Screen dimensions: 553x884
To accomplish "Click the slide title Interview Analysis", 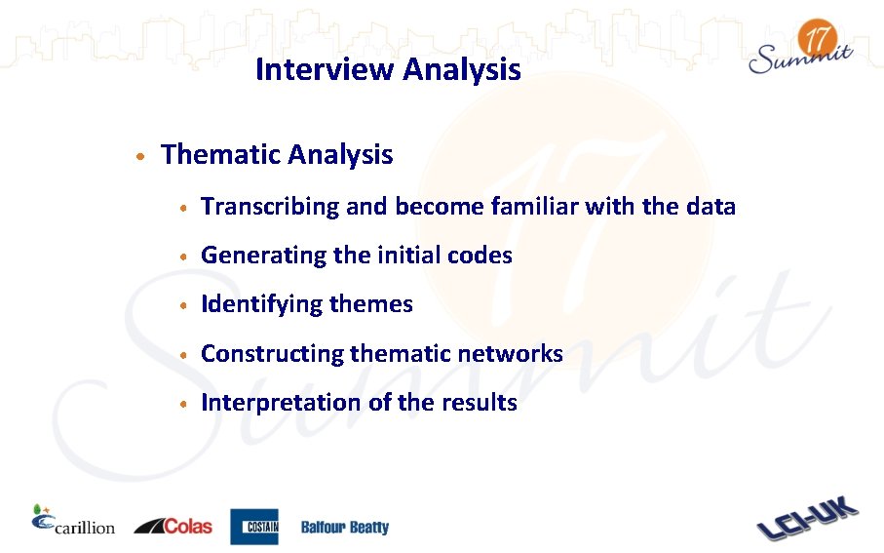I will (x=387, y=70).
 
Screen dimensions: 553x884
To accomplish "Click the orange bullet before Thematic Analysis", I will (x=141, y=157).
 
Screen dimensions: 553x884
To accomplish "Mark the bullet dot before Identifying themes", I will (x=182, y=306).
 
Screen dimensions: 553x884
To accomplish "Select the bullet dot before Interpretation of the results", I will (x=182, y=404).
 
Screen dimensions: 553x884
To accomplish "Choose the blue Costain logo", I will (x=253, y=527).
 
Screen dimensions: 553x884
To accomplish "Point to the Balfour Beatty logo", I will (x=344, y=528).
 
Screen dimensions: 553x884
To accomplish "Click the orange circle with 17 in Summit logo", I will (x=817, y=40).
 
